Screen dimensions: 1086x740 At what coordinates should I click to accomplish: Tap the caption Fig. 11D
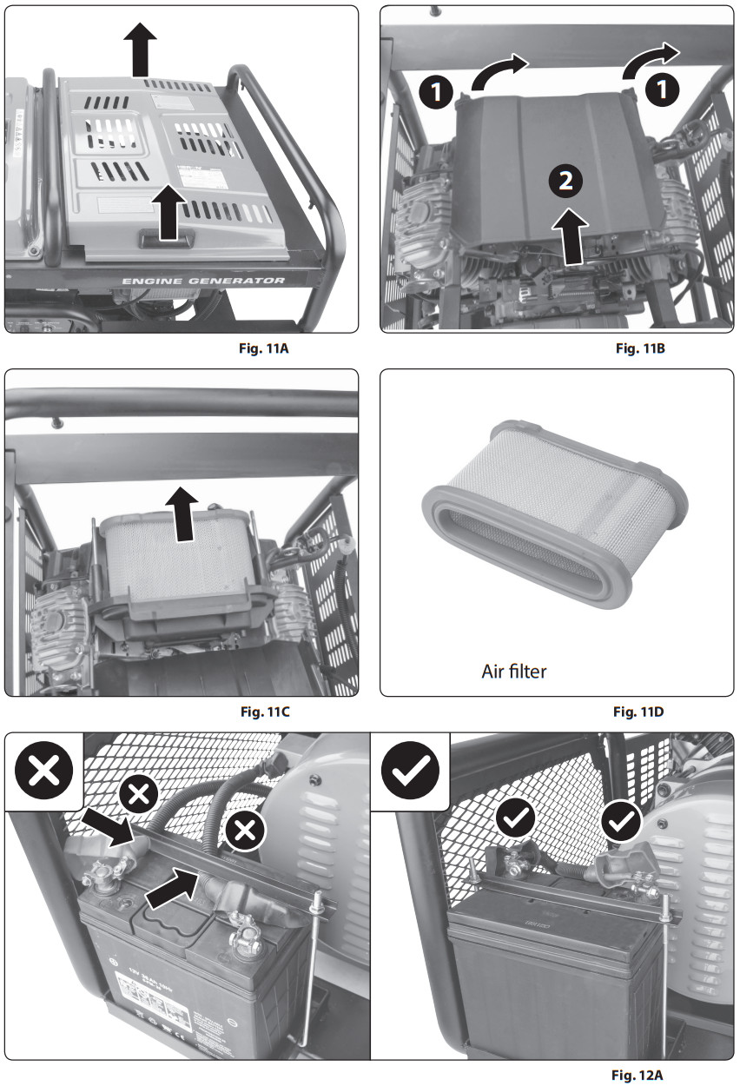[x=639, y=712]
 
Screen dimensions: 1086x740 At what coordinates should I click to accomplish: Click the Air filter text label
[x=514, y=671]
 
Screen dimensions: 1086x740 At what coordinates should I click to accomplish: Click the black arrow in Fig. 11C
[x=183, y=514]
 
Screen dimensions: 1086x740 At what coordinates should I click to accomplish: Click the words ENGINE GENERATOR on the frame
[x=203, y=281]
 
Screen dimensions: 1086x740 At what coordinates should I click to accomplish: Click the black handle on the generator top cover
[x=165, y=235]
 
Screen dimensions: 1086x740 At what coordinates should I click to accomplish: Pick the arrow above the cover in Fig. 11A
[x=140, y=50]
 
